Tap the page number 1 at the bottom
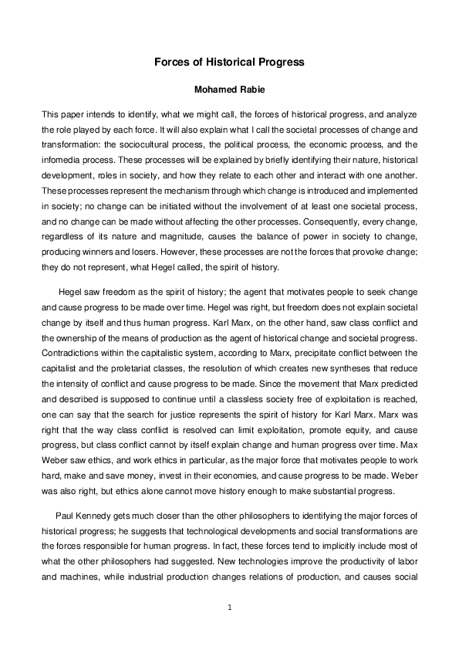229,608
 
